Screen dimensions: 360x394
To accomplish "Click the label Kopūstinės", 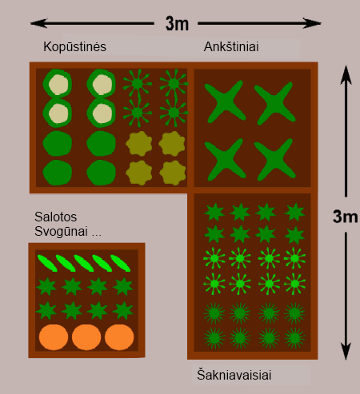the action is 74,47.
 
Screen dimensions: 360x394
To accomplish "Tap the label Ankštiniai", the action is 231,47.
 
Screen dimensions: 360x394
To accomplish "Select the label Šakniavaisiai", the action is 234,375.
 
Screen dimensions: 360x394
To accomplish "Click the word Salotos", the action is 56,217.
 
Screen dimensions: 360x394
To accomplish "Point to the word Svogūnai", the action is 61,231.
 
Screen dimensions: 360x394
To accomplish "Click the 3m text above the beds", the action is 177,23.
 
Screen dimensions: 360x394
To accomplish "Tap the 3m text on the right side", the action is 346,217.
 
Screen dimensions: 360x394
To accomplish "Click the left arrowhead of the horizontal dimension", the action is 38,23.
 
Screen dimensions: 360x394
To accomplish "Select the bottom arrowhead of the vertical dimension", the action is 346,352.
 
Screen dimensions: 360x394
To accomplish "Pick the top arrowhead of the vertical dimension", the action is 346,74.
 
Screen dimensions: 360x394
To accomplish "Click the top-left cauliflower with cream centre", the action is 58,84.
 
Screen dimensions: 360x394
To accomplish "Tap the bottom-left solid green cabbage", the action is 58,173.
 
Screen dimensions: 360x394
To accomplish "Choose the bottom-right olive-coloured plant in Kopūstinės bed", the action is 173,173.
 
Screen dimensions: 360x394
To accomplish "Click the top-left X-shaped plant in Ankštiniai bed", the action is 225,101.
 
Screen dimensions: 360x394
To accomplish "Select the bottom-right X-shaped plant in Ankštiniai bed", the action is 275,160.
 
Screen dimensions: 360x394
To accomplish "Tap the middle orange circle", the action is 86,337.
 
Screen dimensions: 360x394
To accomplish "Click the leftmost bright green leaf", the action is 47,263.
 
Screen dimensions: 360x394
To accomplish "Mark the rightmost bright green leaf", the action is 120,263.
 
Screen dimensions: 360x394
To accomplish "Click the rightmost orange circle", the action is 119,337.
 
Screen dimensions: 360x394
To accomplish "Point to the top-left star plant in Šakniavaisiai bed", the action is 214,212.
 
